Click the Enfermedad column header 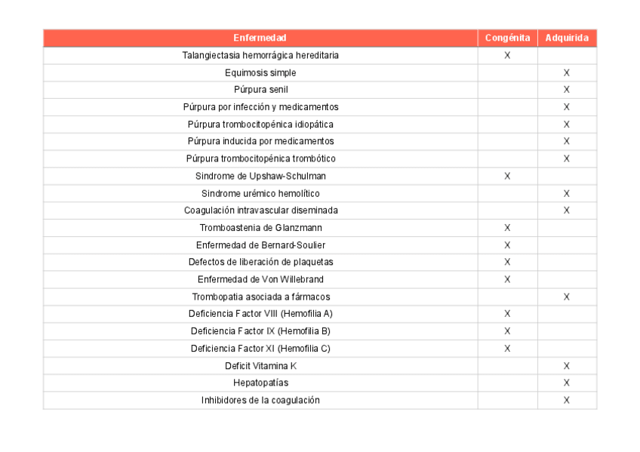coord(260,38)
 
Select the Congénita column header coord(507,38)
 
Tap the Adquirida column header coord(567,38)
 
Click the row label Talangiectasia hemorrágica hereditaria coord(260,55)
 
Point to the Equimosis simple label coord(260,72)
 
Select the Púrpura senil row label coord(260,90)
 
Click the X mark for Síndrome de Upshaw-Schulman coord(507,176)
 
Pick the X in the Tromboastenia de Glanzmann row coord(507,228)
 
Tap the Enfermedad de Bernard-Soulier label coord(260,245)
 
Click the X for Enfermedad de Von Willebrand coord(507,279)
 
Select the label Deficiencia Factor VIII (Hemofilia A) coord(260,314)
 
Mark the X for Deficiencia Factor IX coord(507,331)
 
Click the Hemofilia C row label coord(260,349)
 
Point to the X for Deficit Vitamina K coord(567,366)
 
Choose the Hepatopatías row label coord(260,383)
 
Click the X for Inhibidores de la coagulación coord(567,400)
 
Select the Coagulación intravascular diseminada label coord(260,211)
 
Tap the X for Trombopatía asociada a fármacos coord(567,297)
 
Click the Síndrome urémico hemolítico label coord(260,193)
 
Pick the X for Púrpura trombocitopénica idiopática coord(567,125)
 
